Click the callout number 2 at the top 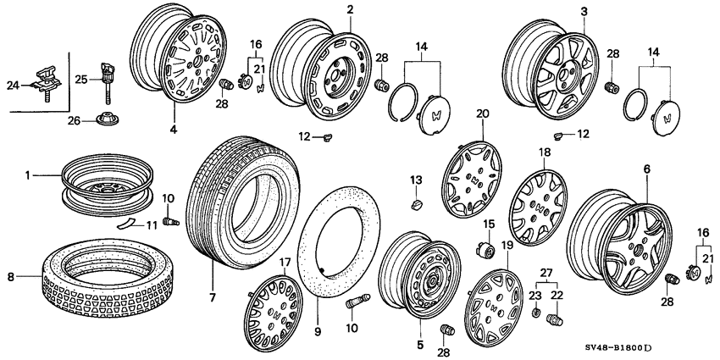pyautogui.click(x=350, y=9)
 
